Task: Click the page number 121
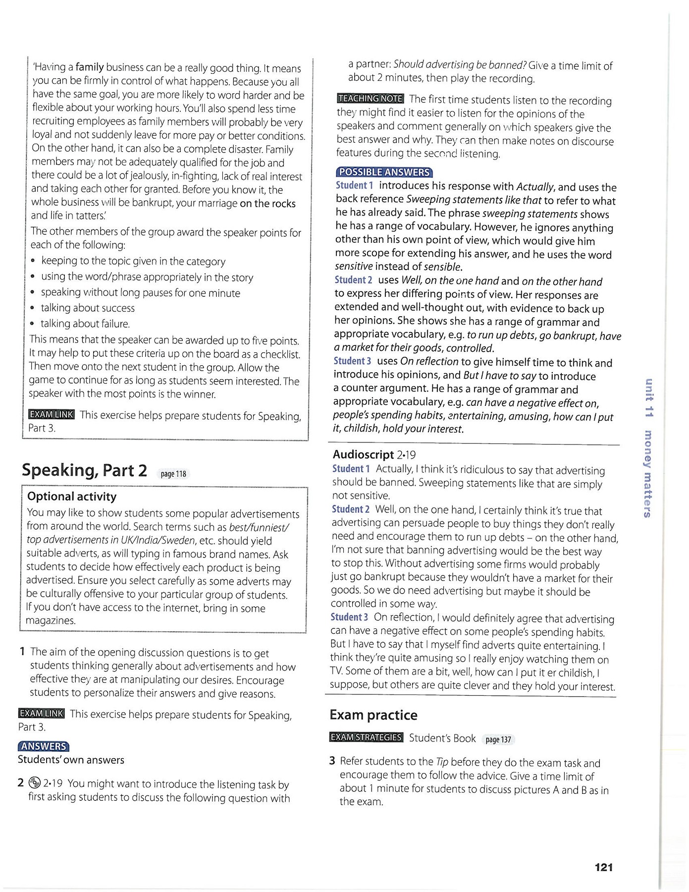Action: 603,867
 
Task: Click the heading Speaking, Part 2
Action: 84,470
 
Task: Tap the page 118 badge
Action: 173,474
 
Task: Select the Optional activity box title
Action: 72,497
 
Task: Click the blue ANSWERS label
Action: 43,746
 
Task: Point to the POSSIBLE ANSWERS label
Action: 384,172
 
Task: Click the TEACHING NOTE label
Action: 370,99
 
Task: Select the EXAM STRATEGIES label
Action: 366,737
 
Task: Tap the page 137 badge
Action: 498,739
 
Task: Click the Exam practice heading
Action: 373,715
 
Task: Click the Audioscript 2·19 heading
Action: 374,454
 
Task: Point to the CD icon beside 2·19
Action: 34,783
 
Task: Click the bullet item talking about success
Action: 87,308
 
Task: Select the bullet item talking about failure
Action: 85,324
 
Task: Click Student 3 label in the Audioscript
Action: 349,617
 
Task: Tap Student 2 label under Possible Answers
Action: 353,280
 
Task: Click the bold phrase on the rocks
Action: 267,203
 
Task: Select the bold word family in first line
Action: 90,67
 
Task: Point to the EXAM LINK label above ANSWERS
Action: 41,714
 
